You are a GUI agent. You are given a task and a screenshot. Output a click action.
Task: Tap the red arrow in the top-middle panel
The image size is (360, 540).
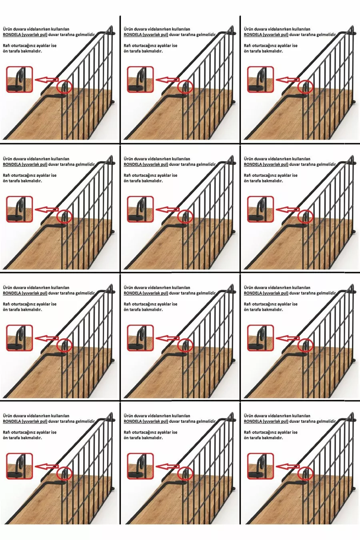168,80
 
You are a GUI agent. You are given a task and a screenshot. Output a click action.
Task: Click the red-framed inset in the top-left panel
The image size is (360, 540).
19,79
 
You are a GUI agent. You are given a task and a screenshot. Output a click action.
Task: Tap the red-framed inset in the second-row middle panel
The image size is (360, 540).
140,209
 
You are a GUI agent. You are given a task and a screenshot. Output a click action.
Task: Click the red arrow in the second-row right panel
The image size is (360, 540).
288,210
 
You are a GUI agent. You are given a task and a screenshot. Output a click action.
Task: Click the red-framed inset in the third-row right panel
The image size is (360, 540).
260,338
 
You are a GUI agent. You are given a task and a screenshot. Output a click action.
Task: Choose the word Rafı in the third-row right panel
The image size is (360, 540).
247,304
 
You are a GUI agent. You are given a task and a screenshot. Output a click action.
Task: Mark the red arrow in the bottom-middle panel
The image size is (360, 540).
168,467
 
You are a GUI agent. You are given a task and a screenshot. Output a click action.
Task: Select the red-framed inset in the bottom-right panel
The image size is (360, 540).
260,466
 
